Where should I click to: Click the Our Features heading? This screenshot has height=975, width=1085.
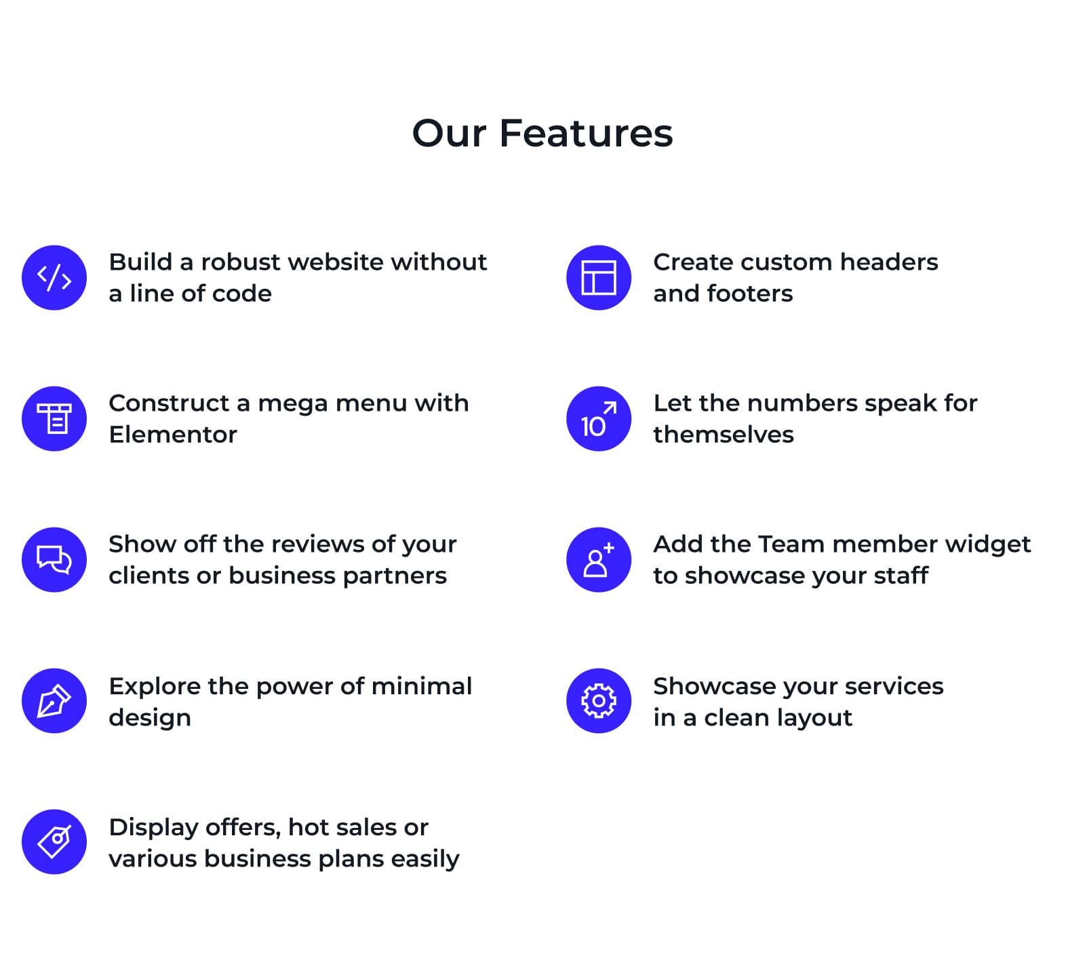[542, 133]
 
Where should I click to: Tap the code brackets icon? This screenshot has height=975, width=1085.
[54, 278]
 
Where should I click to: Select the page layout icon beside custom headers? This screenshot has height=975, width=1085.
[599, 278]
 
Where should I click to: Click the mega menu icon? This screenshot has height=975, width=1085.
[54, 419]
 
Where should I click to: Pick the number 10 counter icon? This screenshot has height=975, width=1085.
[599, 419]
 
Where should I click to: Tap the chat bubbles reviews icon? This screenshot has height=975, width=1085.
[54, 560]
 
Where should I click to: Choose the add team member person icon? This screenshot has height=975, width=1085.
[599, 560]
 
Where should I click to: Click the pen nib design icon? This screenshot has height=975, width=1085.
[54, 701]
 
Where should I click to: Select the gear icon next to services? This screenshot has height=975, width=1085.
[599, 701]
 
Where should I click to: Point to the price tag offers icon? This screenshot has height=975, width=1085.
[54, 842]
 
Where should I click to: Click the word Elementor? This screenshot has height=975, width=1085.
[173, 435]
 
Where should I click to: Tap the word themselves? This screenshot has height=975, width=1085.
[723, 435]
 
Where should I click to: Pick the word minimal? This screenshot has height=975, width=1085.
[422, 686]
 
